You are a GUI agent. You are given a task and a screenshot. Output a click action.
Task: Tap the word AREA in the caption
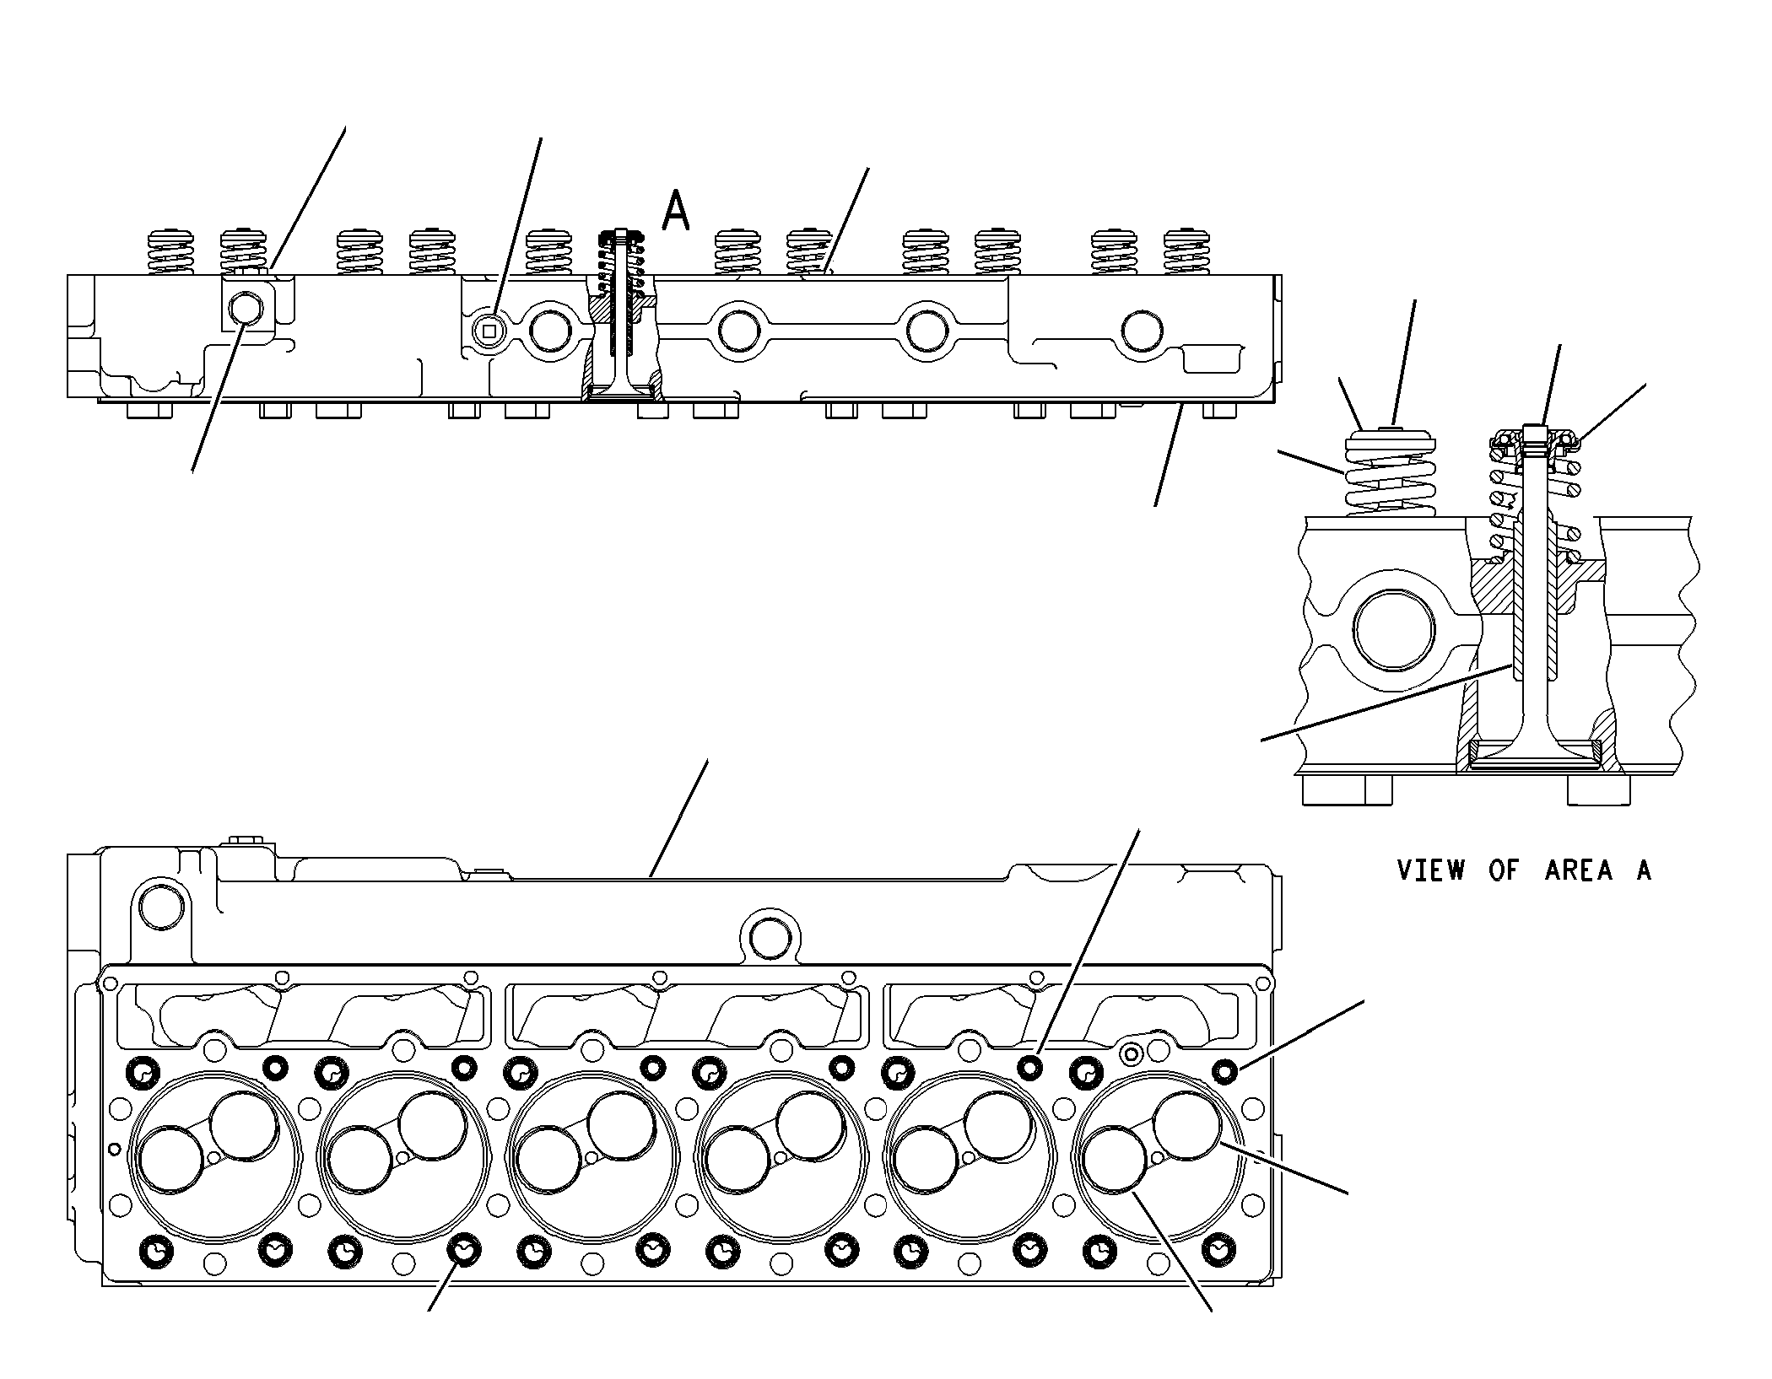click(1579, 870)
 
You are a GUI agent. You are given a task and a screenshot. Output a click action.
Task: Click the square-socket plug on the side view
click(489, 331)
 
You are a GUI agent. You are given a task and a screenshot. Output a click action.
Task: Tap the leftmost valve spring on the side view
click(171, 252)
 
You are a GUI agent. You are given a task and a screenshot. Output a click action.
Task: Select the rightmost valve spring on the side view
click(1186, 252)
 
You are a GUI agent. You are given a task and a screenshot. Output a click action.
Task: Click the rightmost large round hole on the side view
click(1145, 331)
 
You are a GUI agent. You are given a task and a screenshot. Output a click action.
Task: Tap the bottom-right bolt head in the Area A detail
click(1599, 789)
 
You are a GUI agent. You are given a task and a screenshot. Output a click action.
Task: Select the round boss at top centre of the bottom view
click(769, 938)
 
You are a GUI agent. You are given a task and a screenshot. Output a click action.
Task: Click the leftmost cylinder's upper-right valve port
click(244, 1126)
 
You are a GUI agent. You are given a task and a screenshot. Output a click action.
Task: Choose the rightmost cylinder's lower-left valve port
click(1116, 1161)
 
